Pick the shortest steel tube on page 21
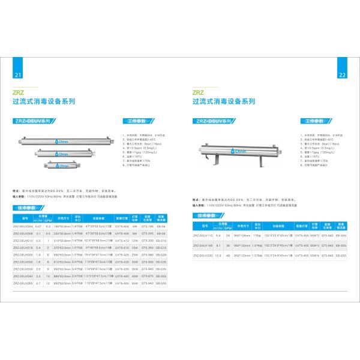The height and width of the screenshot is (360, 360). click(62, 164)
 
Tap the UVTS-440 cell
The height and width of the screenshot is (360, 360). click(122, 275)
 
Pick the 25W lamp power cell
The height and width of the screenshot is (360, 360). click(136, 254)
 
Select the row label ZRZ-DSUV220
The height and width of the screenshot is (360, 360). click(204, 255)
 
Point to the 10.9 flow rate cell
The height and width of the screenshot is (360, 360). click(218, 255)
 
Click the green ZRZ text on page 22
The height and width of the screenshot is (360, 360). click(198, 93)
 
